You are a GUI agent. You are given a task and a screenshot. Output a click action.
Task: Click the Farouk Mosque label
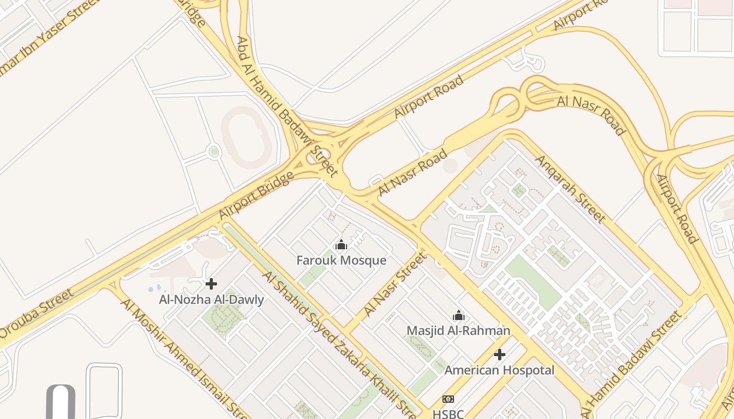point(341,260)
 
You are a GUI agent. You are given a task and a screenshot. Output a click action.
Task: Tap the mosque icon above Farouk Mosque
point(341,245)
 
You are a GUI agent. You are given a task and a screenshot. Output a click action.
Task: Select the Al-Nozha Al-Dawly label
point(211,300)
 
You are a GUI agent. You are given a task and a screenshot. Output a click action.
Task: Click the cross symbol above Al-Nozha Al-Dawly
point(211,284)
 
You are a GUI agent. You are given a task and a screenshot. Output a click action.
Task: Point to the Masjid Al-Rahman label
point(458,330)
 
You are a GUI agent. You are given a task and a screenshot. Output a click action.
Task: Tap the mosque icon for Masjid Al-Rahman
point(459,315)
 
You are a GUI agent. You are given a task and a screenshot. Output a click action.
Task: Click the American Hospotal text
point(499,370)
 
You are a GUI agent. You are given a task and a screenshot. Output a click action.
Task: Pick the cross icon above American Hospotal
point(500,355)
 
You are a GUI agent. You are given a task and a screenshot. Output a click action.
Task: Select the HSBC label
point(448,414)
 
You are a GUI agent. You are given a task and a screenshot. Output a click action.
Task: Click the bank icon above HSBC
point(448,399)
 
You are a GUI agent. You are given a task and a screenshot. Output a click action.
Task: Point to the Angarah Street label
point(570,189)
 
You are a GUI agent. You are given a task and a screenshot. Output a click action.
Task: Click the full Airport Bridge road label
point(256,195)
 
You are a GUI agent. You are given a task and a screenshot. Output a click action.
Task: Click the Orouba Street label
point(37,313)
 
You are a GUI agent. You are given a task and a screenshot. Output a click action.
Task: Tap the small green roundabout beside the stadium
point(214,152)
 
